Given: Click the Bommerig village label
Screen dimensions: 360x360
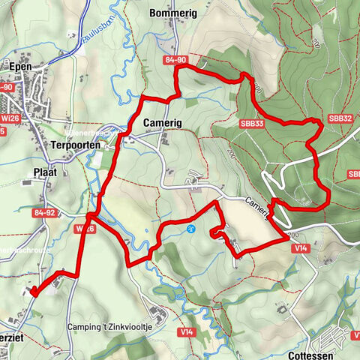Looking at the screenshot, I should [172, 13].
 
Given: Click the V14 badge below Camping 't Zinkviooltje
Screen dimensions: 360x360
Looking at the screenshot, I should [186, 331].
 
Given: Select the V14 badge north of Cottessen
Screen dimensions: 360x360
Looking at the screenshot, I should [302, 247].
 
